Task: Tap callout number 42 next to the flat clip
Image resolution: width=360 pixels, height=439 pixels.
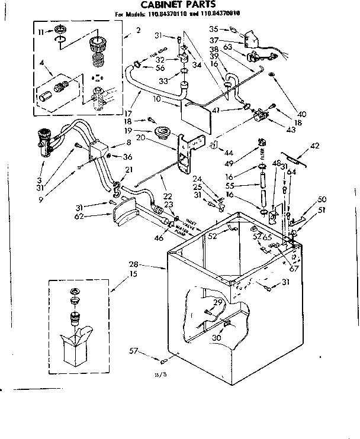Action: click(314, 145)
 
